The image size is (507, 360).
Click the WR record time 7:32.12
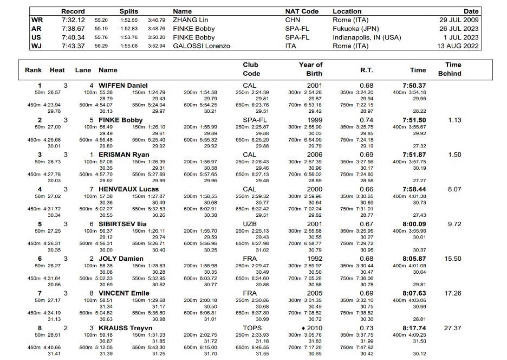(73, 20)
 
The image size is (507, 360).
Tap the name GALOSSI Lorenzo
(201, 46)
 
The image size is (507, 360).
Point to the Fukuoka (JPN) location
(356, 29)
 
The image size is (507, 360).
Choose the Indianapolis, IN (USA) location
(367, 37)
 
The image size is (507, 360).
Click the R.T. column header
(367, 70)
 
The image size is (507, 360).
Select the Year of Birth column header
(310, 69)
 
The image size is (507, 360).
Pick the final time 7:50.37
(414, 86)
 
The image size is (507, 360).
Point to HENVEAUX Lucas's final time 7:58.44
(414, 190)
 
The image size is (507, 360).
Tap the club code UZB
(250, 224)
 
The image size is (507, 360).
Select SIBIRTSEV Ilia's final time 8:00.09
(414, 224)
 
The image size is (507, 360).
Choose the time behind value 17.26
(453, 294)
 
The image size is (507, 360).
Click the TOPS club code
(250, 329)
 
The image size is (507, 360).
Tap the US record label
(37, 37)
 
